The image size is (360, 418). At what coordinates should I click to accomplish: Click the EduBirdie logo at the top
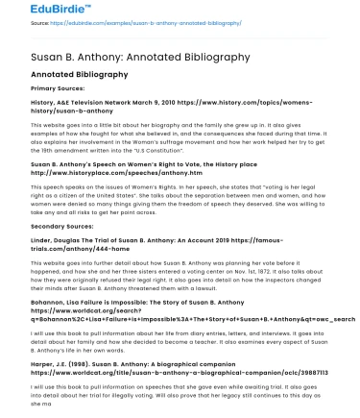[x=43, y=11]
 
